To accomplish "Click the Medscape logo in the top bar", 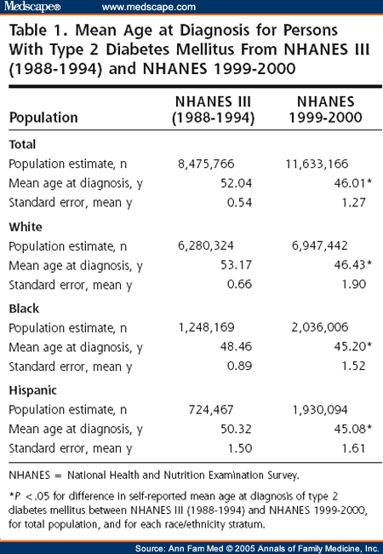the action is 32,6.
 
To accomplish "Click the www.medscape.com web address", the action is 148,7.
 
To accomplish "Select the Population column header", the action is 43,118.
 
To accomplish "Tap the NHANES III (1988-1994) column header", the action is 214,110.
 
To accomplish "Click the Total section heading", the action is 22,144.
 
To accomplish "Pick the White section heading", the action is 26,227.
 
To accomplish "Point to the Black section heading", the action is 24,309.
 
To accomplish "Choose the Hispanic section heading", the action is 33,390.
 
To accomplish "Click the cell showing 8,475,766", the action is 206,164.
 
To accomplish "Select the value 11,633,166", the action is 317,164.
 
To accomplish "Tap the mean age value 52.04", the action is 237,183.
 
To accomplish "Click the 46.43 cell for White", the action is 350,264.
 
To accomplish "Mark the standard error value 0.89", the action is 239,366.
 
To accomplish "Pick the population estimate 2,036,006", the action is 320,327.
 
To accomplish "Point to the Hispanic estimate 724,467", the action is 211,410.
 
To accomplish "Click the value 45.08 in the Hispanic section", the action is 350,429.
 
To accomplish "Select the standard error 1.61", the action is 354,448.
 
